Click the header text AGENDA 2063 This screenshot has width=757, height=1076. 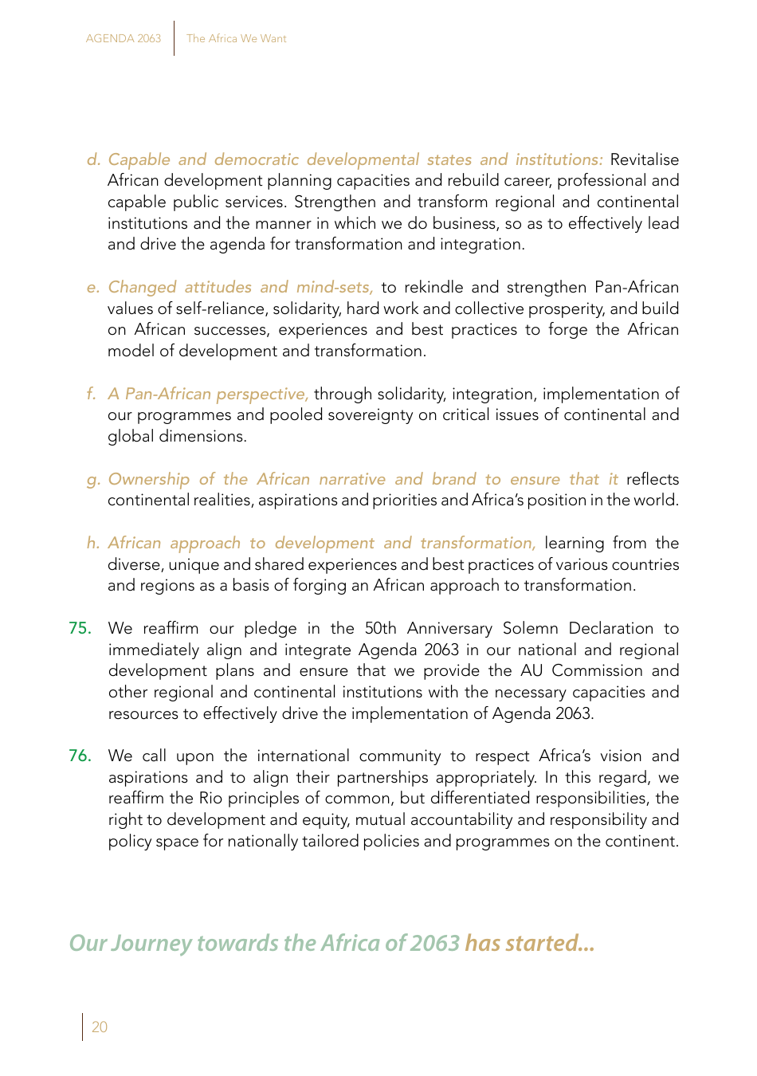click(x=124, y=38)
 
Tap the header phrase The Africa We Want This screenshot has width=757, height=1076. click(x=237, y=38)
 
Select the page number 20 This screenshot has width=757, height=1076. click(x=100, y=1027)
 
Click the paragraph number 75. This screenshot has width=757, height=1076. click(x=80, y=628)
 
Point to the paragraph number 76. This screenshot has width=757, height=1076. click(x=80, y=756)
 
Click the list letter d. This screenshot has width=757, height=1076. click(x=93, y=159)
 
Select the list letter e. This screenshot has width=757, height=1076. click(x=93, y=287)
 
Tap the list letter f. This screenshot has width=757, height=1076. click(x=92, y=394)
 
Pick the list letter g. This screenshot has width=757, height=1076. click(x=93, y=480)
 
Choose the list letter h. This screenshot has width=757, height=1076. click(x=93, y=543)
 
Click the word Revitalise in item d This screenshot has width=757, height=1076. click(x=644, y=159)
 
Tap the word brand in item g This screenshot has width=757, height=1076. click(x=453, y=479)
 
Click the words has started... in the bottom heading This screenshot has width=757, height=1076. click(x=530, y=943)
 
